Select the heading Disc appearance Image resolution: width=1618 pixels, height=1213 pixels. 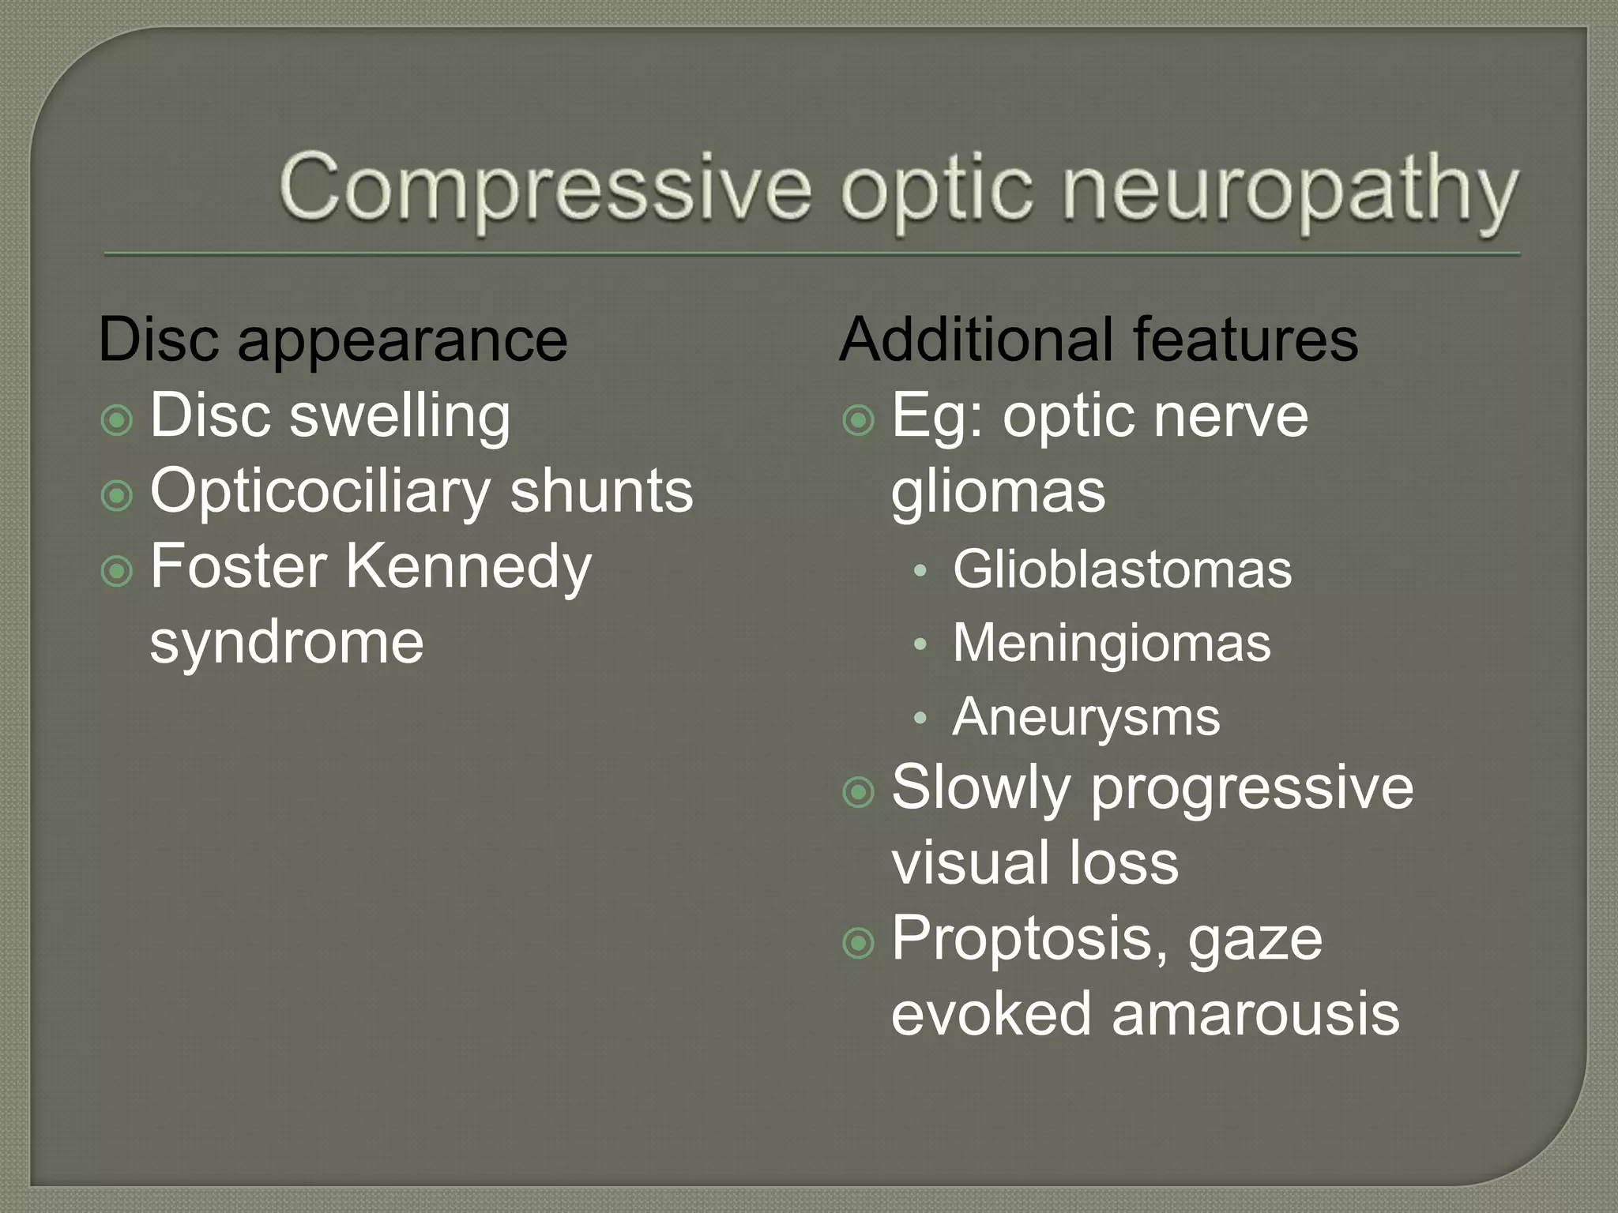tap(333, 340)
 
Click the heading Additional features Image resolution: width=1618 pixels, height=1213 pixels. tap(1098, 340)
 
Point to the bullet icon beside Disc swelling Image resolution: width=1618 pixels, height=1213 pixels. tap(117, 420)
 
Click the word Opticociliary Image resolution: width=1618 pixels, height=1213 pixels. tap(320, 491)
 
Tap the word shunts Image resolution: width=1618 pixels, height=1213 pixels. tap(601, 491)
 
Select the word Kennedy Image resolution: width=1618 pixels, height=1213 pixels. tap(468, 566)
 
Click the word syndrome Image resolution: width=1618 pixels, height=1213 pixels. tap(286, 641)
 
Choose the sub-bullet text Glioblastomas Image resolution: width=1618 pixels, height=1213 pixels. tap(1122, 569)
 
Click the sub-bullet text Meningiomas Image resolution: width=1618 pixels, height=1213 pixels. tap(1112, 643)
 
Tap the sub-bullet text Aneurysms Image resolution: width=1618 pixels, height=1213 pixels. tap(1086, 717)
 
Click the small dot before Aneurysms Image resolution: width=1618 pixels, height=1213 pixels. tap(920, 718)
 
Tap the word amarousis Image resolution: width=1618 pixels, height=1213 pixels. tap(1255, 1013)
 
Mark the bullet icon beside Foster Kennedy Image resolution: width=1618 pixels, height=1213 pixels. tap(117, 571)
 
